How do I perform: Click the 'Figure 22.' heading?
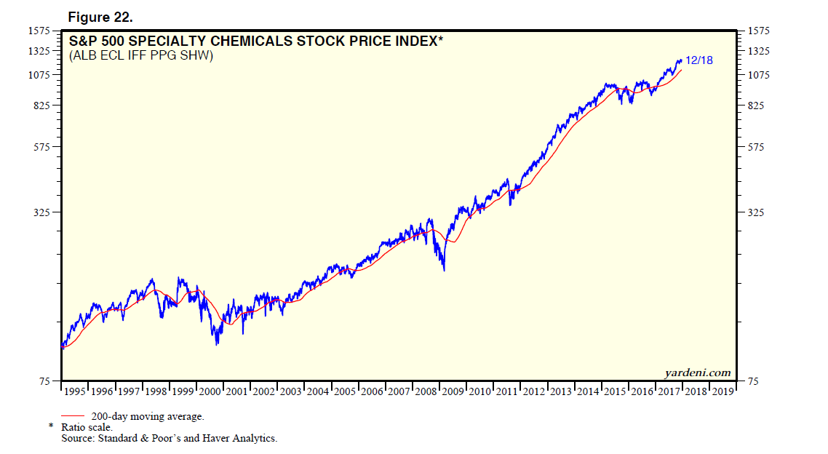[100, 16]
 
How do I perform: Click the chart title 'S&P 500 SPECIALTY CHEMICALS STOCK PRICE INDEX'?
[255, 41]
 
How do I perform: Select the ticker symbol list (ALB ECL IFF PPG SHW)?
[141, 55]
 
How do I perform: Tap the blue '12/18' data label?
[698, 60]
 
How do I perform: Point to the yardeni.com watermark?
[697, 373]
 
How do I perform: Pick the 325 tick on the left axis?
[40, 212]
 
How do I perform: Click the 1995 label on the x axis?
[75, 392]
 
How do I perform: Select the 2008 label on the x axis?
[426, 392]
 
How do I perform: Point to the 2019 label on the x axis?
[722, 392]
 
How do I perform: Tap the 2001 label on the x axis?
[237, 392]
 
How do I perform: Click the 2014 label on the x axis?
[588, 392]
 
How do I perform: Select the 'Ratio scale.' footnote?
[87, 427]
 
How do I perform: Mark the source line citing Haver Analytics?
[169, 438]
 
